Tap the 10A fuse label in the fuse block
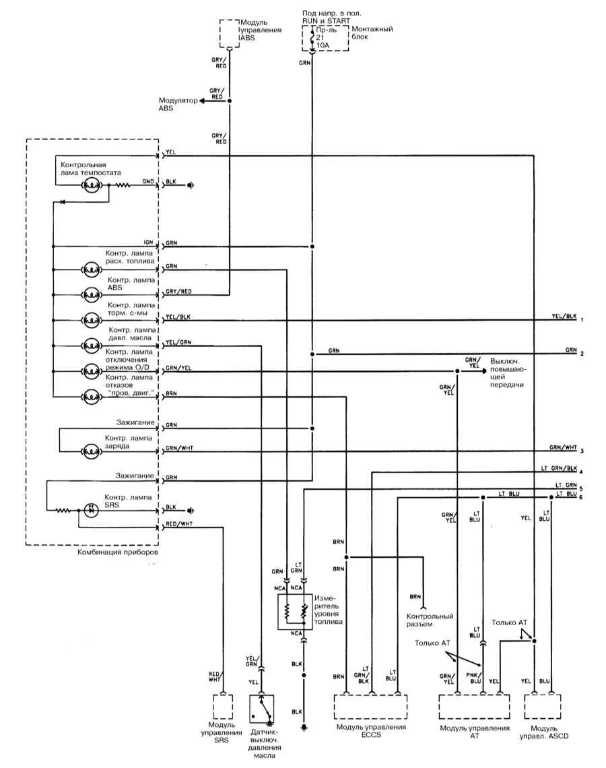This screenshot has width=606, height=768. click(x=323, y=45)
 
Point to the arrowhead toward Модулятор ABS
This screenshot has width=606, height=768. click(x=202, y=101)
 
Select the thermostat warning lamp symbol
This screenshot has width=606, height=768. click(x=91, y=186)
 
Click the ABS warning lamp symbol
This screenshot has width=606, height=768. click(x=91, y=295)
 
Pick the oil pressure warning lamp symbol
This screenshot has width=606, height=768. click(x=91, y=346)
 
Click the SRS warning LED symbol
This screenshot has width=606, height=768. click(x=91, y=511)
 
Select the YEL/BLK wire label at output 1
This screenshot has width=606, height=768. click(x=564, y=316)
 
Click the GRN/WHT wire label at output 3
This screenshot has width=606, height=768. click(x=563, y=447)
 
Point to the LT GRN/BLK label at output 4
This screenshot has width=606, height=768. click(x=559, y=468)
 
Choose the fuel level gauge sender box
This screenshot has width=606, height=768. click(x=295, y=612)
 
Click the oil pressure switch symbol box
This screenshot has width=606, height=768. click(x=262, y=708)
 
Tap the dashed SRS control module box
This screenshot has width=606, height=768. click(x=223, y=707)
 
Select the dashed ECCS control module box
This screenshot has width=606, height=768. click(x=370, y=707)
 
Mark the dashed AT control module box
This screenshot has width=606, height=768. click(x=474, y=707)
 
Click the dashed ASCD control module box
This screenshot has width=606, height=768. click(x=542, y=707)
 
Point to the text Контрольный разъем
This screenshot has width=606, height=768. click(x=430, y=620)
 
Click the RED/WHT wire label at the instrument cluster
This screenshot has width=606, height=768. click(x=179, y=524)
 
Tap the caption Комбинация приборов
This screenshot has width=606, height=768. click(x=118, y=552)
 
